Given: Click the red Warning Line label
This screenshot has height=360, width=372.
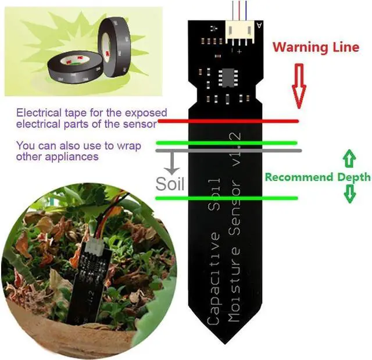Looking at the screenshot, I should pyautogui.click(x=316, y=47).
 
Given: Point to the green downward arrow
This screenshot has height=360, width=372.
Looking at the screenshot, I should pyautogui.click(x=349, y=194).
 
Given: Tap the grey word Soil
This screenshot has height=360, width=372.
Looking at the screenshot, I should pyautogui.click(x=170, y=184).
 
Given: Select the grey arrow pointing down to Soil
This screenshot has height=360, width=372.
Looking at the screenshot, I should pyautogui.click(x=170, y=162).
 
